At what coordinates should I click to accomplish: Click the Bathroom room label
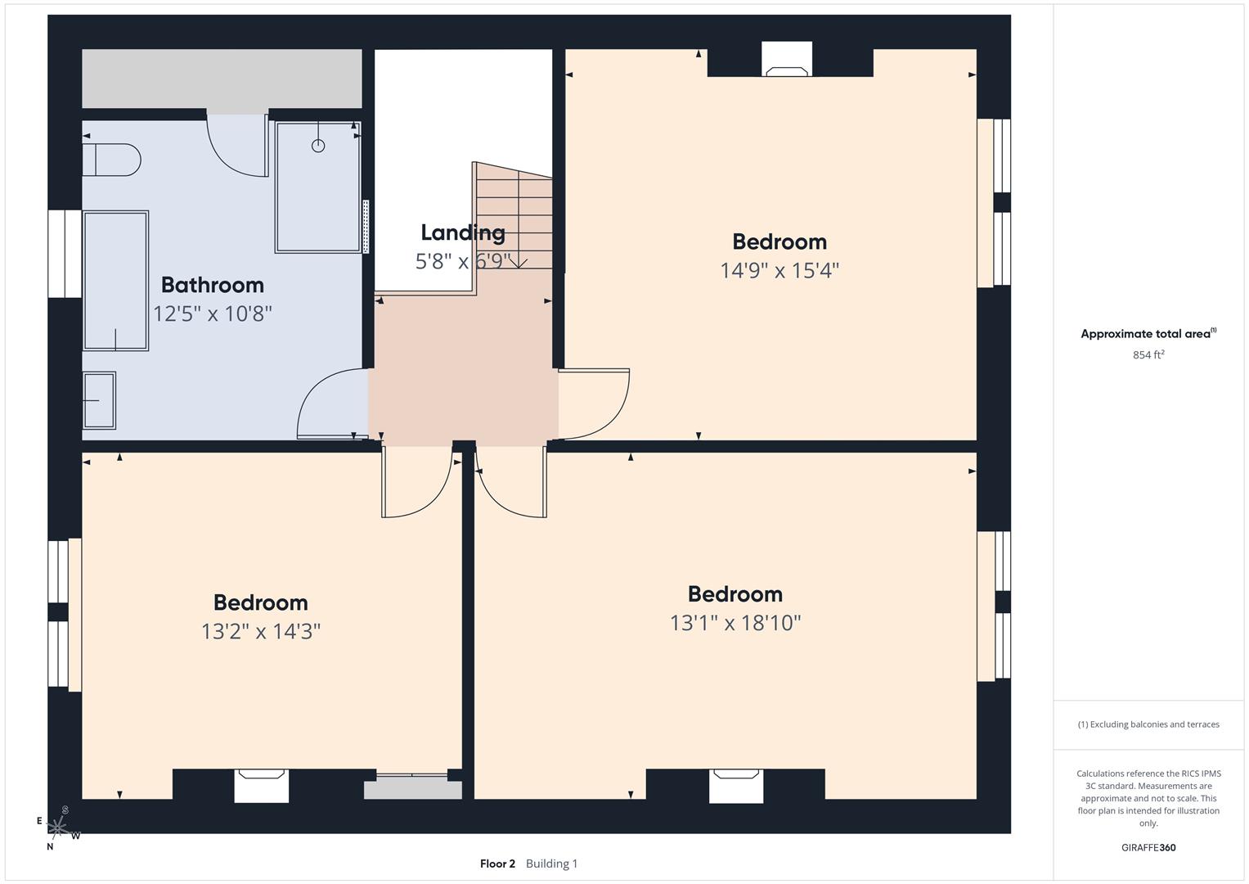212,285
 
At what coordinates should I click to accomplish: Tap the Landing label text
462,232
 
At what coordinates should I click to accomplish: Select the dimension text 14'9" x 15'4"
779,270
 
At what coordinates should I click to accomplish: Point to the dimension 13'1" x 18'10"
735,623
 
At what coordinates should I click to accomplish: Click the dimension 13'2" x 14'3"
260,631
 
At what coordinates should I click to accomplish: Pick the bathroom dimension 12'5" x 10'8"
212,313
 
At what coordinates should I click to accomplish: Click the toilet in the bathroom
112,160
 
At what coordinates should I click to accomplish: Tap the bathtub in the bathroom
115,281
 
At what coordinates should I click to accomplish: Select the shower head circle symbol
318,146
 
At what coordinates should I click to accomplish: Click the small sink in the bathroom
99,400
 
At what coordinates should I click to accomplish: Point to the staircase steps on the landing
514,217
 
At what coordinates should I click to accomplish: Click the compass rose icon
58,828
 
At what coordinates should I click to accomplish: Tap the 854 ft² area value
1148,354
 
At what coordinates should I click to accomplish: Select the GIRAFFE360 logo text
1148,847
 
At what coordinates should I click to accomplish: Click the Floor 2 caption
497,864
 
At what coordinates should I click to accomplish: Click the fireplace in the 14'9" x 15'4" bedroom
787,60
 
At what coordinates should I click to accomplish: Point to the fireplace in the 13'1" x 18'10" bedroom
736,785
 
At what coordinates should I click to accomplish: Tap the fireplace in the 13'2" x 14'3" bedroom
261,785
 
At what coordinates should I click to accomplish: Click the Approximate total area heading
1148,334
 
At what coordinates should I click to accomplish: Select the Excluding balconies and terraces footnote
1148,724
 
